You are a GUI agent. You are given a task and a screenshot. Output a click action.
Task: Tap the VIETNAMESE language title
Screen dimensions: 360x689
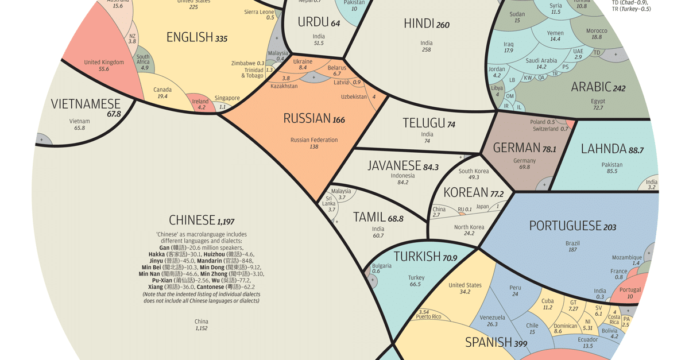pyautogui.click(x=86, y=104)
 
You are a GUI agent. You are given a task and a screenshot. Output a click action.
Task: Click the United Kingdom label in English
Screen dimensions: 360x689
pyautogui.click(x=104, y=63)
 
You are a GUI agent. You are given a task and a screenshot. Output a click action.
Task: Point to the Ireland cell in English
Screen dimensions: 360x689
pyautogui.click(x=200, y=102)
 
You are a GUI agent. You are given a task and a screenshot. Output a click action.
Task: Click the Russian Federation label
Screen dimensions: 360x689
pyautogui.click(x=314, y=140)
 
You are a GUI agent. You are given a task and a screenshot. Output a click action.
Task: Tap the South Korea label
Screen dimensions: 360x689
pyautogui.click(x=474, y=171)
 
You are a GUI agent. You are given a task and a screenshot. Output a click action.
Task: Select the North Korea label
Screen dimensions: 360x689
pyautogui.click(x=469, y=227)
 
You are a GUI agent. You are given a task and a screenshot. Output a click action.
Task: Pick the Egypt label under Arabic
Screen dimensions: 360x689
pyautogui.click(x=598, y=101)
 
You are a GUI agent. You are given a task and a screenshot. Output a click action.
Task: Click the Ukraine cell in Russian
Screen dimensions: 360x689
pyautogui.click(x=303, y=61)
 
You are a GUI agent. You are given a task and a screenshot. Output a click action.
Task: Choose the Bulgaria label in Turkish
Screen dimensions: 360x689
pyautogui.click(x=382, y=266)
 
